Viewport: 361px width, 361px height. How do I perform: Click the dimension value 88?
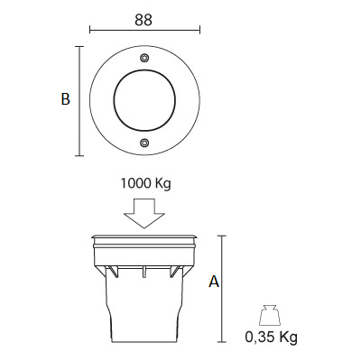[143, 20]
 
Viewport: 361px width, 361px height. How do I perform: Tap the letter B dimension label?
[65, 99]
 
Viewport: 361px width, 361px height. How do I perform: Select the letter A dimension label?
[214, 282]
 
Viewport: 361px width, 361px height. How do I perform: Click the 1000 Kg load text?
[145, 183]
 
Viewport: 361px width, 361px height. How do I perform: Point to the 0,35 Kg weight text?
[272, 337]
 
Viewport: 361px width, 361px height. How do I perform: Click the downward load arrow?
[144, 213]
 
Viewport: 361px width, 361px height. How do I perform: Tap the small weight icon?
[270, 315]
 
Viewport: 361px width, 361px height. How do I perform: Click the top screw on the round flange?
[144, 58]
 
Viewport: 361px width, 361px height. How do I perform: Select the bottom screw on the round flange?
[144, 143]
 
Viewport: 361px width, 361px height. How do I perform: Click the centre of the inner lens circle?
[144, 100]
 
